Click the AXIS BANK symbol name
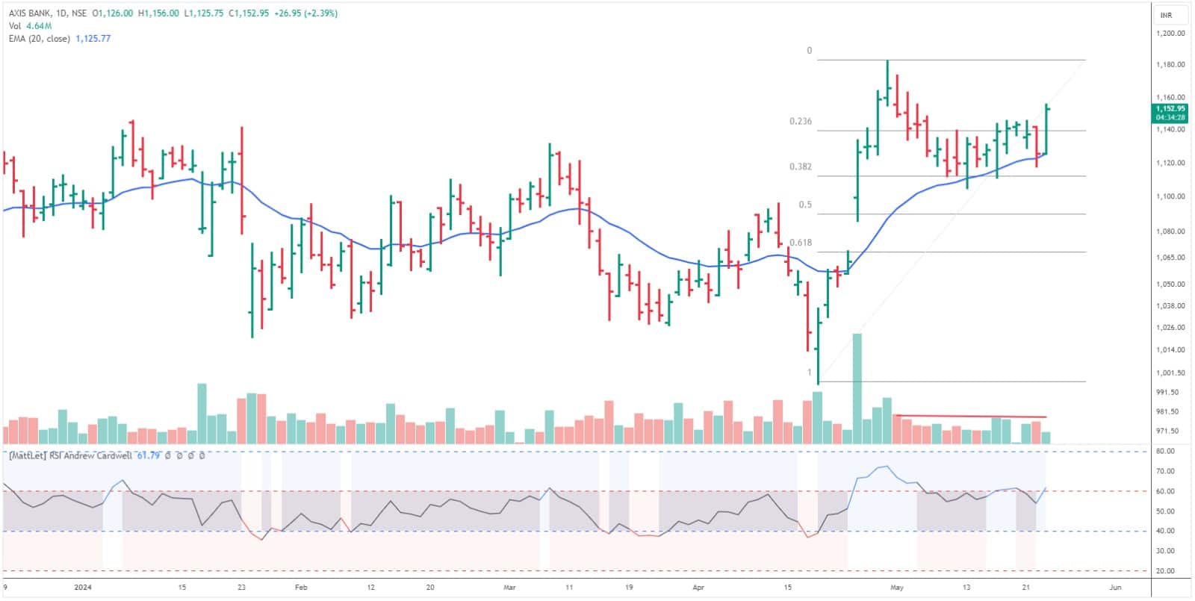click(x=28, y=13)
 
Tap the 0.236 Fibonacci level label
click(x=800, y=121)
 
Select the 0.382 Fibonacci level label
click(x=800, y=166)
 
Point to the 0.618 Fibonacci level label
click(x=800, y=243)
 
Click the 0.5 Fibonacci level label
click(x=805, y=205)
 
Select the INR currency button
click(x=1166, y=15)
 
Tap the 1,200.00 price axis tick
click(x=1170, y=34)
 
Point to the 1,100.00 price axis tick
click(x=1170, y=196)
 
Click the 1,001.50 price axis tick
click(x=1170, y=373)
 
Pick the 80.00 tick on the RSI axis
click(x=1165, y=451)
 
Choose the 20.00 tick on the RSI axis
click(x=1165, y=571)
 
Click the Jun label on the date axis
click(x=1115, y=588)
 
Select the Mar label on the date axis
click(x=509, y=588)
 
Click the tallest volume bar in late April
click(x=857, y=388)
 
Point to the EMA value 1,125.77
click(x=93, y=38)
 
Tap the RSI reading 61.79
click(x=149, y=455)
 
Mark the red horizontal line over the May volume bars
click(x=970, y=416)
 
